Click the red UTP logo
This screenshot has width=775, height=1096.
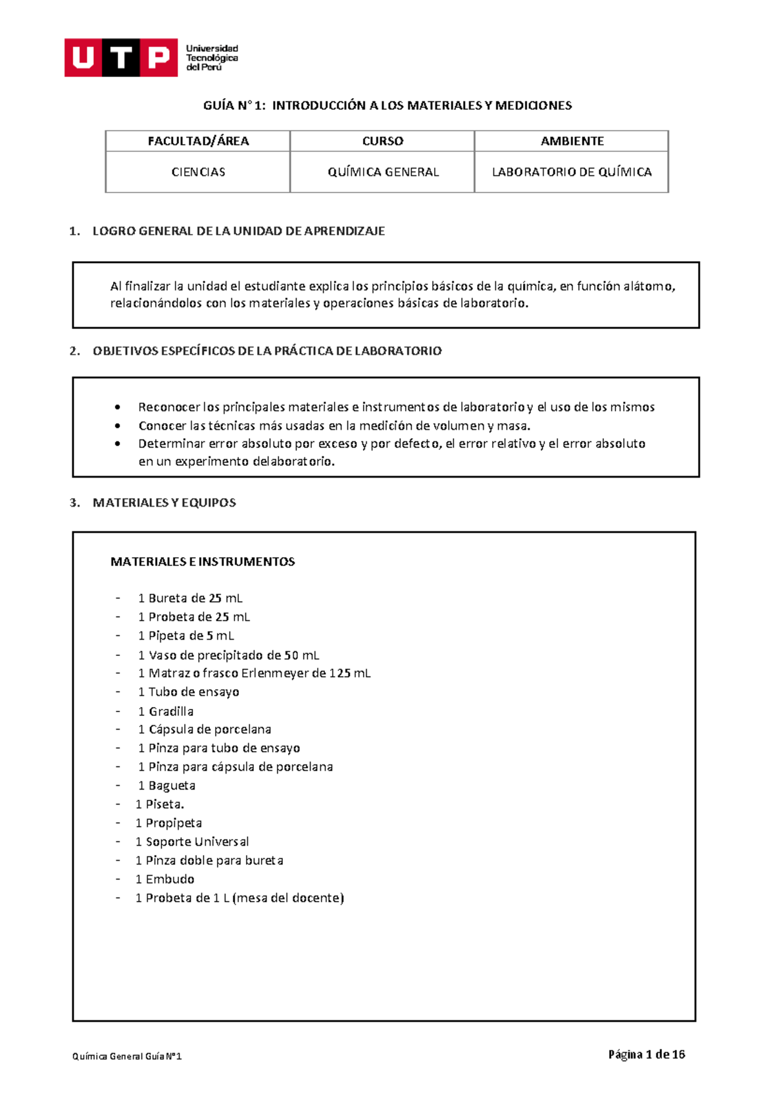coord(121,58)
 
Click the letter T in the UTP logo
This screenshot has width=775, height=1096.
coord(121,58)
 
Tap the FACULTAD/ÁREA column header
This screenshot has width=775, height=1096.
coord(198,141)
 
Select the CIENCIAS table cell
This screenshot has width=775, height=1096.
coord(198,172)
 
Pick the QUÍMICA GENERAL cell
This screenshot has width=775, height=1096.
coord(382,172)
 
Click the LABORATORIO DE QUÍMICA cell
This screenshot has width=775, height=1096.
coord(572,172)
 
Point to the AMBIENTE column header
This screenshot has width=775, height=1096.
coord(572,141)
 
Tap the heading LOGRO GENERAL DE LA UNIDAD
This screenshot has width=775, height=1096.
coord(238,231)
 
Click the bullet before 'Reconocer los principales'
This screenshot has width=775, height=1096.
coord(118,408)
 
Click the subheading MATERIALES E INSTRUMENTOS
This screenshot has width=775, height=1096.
coord(202,562)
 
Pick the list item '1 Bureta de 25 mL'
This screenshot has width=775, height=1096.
coord(190,598)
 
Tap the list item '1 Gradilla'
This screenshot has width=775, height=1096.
coord(165,711)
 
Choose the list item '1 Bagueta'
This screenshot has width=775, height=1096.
coord(166,786)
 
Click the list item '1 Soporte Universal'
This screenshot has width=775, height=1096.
coord(192,842)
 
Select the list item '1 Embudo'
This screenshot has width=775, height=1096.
coord(165,880)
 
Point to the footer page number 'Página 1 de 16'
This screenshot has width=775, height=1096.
coord(646,1055)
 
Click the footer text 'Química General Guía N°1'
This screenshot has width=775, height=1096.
coord(127,1057)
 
